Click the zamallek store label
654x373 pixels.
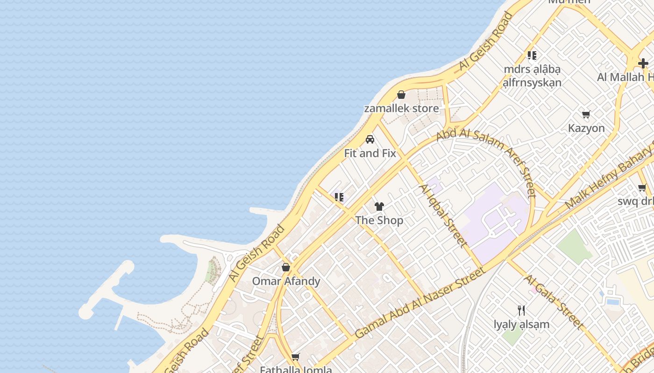click(x=401, y=109)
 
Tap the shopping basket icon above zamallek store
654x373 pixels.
click(x=401, y=95)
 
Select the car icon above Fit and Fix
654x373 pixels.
click(x=370, y=139)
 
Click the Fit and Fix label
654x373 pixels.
click(x=370, y=153)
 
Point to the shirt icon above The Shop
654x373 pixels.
click(x=379, y=207)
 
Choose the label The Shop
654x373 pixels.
click(x=379, y=220)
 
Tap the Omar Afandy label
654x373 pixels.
click(x=286, y=281)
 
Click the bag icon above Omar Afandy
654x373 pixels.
click(x=286, y=268)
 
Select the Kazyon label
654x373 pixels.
click(x=586, y=128)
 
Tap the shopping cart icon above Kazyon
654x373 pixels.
click(x=586, y=114)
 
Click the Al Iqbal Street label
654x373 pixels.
click(x=442, y=215)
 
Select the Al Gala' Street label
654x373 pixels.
click(x=554, y=302)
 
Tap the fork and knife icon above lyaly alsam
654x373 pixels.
click(x=522, y=310)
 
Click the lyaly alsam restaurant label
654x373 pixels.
click(x=522, y=324)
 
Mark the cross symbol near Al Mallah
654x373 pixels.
click(x=643, y=63)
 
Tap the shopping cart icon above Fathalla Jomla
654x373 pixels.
click(x=295, y=357)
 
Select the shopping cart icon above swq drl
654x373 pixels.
click(x=642, y=188)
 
